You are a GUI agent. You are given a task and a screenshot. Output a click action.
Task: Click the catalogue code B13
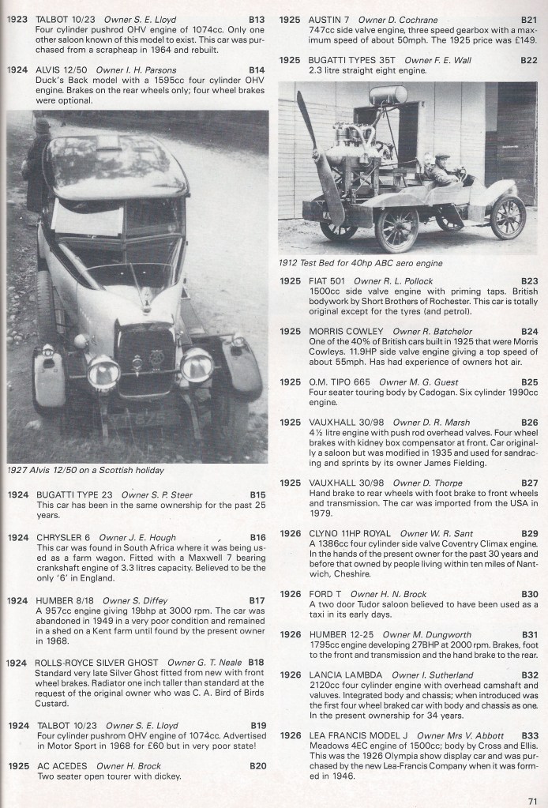tap(257, 17)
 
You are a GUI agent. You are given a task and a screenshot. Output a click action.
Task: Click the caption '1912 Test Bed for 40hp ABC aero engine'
tap(360, 262)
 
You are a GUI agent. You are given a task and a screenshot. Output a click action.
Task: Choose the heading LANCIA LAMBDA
tap(334, 675)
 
